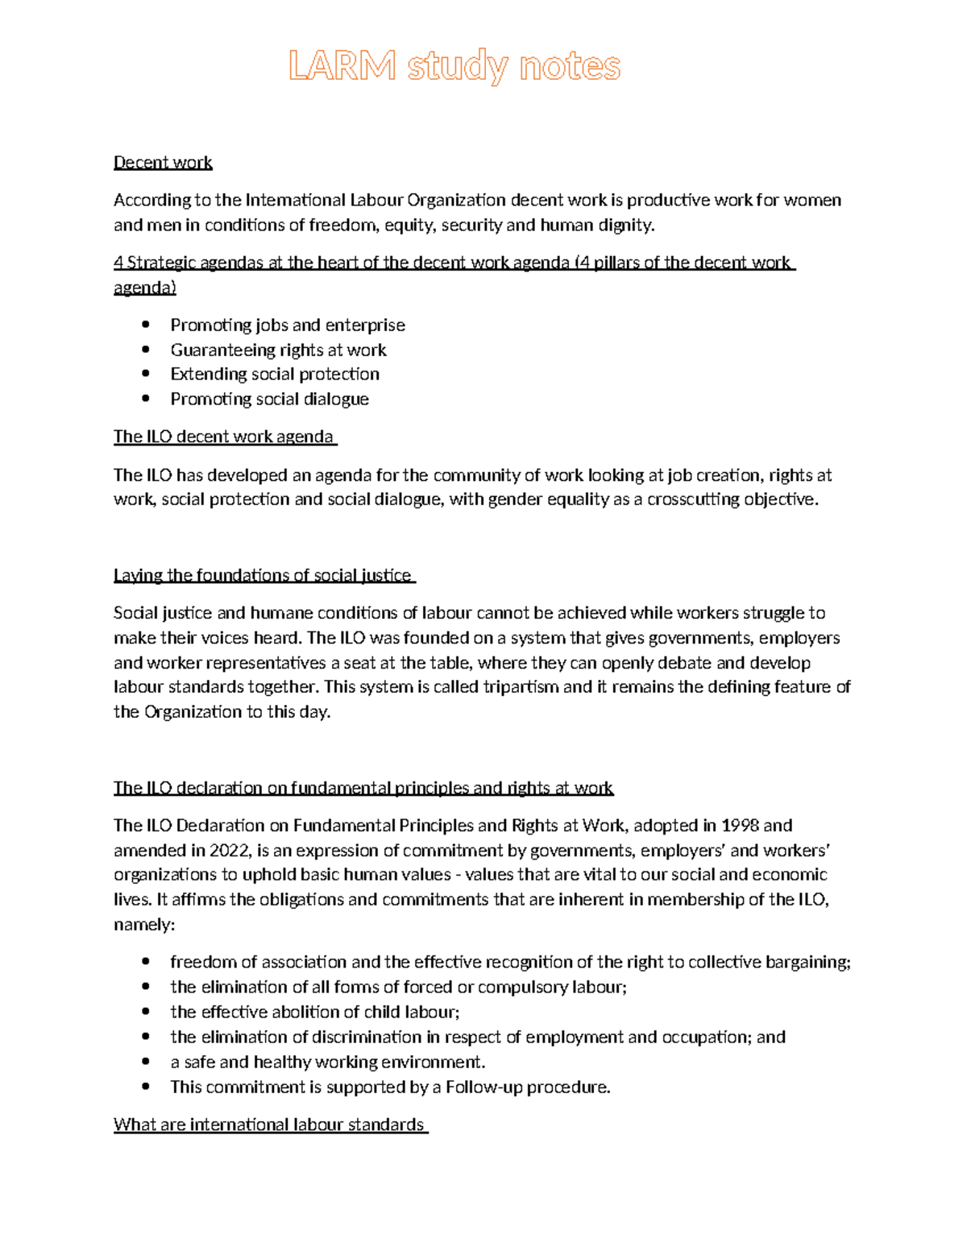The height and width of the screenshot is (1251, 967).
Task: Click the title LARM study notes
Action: tap(454, 66)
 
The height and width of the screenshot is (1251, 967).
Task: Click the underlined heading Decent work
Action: tap(163, 163)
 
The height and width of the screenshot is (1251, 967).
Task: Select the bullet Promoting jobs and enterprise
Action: tap(288, 325)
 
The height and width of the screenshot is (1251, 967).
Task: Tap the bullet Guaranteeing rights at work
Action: tap(278, 350)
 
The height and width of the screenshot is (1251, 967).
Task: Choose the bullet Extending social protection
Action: tap(275, 374)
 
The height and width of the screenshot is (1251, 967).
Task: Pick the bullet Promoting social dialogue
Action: tap(269, 399)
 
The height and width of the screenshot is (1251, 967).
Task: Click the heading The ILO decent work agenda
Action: tap(223, 437)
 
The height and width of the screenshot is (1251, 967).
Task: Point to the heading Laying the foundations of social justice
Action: tap(263, 575)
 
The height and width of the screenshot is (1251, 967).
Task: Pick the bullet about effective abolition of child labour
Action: tap(315, 1012)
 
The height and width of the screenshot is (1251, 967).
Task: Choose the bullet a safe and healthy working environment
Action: tap(328, 1062)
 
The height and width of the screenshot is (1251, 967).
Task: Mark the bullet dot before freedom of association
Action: tap(145, 962)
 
